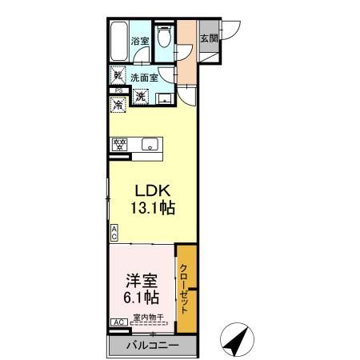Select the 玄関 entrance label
(208, 38)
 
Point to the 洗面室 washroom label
(145, 78)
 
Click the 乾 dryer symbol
(118, 77)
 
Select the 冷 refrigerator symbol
(118, 104)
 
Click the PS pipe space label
(116, 90)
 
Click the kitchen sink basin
(149, 145)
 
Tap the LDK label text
(150, 191)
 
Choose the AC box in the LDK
(114, 233)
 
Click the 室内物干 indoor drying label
(148, 318)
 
